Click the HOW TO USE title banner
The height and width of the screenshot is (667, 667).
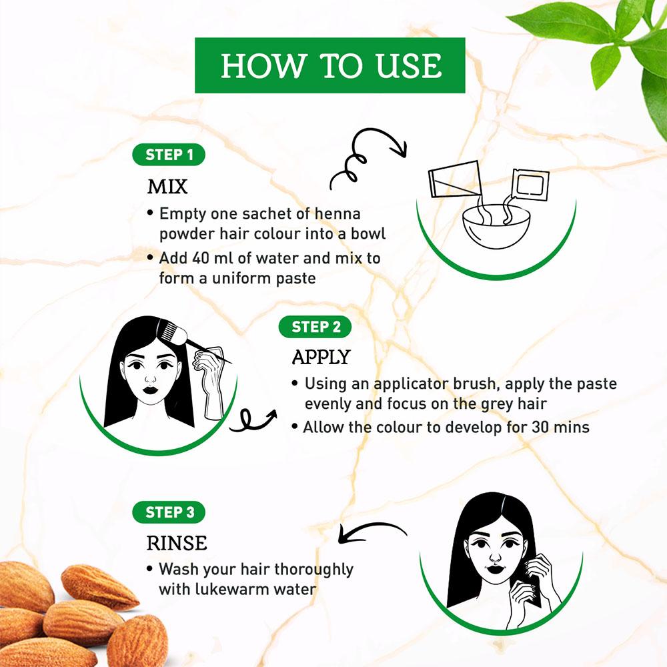click(330, 65)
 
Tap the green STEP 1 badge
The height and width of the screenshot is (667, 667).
click(169, 155)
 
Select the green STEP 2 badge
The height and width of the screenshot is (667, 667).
click(315, 327)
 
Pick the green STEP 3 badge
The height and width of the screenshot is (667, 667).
click(169, 512)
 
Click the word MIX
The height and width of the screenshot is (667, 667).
click(167, 186)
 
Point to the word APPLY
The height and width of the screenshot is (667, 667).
click(321, 357)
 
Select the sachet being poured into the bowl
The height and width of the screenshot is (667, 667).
click(530, 185)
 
